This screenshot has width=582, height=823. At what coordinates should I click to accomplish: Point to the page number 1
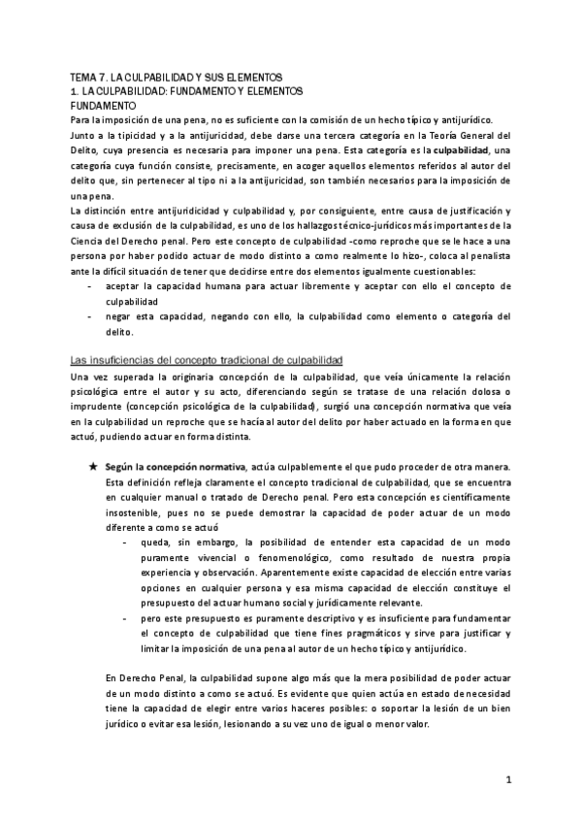tap(509, 779)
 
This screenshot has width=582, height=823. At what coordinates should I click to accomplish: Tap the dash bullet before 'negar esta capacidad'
tap(90, 316)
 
